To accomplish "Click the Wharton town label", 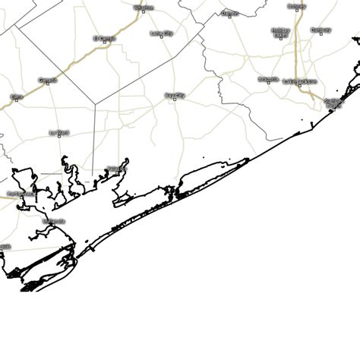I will (144, 8).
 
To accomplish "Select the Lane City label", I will (161, 33).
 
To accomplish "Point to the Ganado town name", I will (47, 79).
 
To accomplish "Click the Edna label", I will (17, 96).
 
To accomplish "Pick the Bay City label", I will (174, 95).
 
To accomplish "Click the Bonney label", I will (297, 6).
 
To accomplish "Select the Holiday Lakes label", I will (280, 32).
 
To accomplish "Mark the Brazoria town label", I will (268, 78).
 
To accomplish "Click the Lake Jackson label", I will (299, 81).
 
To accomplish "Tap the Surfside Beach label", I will (333, 102).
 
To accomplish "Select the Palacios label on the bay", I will (115, 168).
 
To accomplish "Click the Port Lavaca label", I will (21, 193).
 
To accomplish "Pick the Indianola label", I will (53, 221).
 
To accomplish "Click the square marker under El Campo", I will (104, 43).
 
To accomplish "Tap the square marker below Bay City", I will (175, 101).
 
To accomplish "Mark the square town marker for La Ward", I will (59, 137).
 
